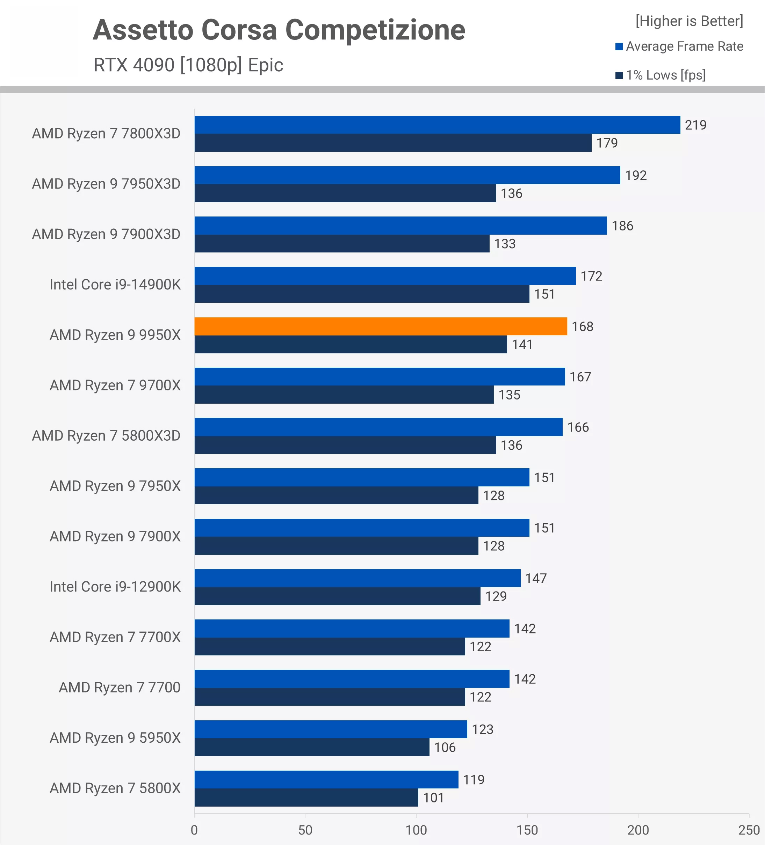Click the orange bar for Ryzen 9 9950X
tap(380, 326)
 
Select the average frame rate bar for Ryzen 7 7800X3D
tap(437, 125)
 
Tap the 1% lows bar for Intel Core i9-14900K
tap(361, 294)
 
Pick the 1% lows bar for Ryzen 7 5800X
tap(306, 797)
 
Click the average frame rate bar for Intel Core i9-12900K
tap(357, 578)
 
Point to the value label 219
tap(695, 125)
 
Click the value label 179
tap(607, 143)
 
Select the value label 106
tap(445, 747)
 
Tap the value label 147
tap(536, 578)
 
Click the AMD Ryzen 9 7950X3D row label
tap(106, 184)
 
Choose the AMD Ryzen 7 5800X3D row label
tap(106, 436)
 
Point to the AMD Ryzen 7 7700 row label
tap(120, 688)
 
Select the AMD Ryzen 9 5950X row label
tap(115, 738)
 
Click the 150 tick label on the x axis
tap(527, 830)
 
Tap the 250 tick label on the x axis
tap(749, 830)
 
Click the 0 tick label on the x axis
tap(194, 830)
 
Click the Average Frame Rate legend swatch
tap(619, 46)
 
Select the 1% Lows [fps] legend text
tap(666, 75)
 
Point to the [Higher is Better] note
tap(689, 21)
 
